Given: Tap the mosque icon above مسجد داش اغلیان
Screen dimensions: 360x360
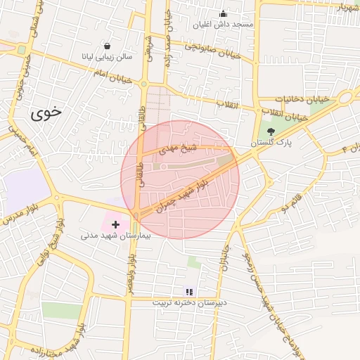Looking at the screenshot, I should click(x=224, y=13).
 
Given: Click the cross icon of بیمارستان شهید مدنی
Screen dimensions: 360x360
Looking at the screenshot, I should click(x=116, y=224).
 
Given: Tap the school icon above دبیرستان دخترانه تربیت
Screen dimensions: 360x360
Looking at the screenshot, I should click(x=188, y=291).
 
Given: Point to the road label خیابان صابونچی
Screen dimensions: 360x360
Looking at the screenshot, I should click(x=212, y=51).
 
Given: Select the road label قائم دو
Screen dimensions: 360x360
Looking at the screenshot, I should click(x=292, y=202).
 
